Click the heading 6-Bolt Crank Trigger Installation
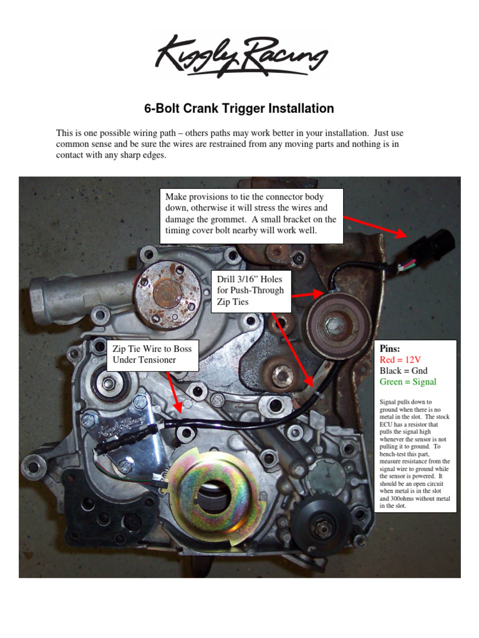pos(239,109)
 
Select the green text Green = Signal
pos(408,382)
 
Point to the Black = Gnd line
pos(404,371)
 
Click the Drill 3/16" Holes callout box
pos(252,290)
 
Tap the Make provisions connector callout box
pos(251,216)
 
